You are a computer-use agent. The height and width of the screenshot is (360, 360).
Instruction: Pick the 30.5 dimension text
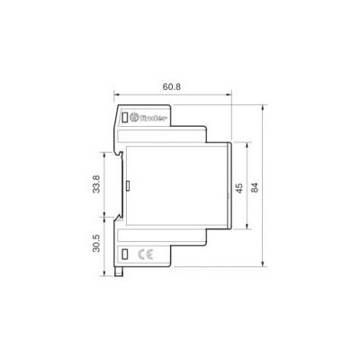pos(97,244)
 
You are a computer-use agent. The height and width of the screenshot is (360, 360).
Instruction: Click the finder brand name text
pos(155,117)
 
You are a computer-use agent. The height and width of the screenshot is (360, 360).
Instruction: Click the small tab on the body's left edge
pos(126,186)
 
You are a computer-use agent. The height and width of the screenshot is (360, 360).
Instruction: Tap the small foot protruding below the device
pos(120,272)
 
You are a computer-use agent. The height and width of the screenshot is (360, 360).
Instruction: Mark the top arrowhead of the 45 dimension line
pos(246,145)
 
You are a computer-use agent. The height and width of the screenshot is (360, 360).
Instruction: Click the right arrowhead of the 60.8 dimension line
pos(229,96)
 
